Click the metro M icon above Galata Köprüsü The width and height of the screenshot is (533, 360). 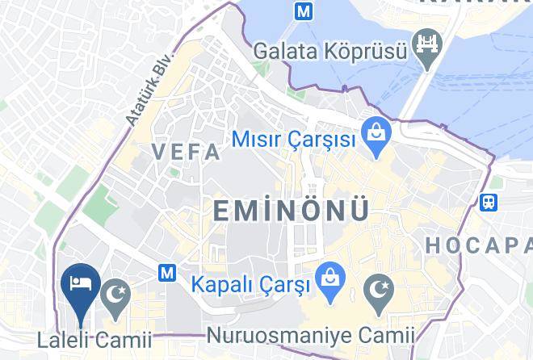[304, 11]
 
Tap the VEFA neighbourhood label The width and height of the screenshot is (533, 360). [186, 152]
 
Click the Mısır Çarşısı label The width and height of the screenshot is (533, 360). [293, 140]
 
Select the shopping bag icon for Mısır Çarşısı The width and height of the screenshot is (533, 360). [375, 129]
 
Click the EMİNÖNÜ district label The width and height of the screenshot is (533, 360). [292, 211]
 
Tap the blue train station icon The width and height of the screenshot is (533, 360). [488, 202]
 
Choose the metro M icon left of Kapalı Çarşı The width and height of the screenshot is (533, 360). [167, 273]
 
